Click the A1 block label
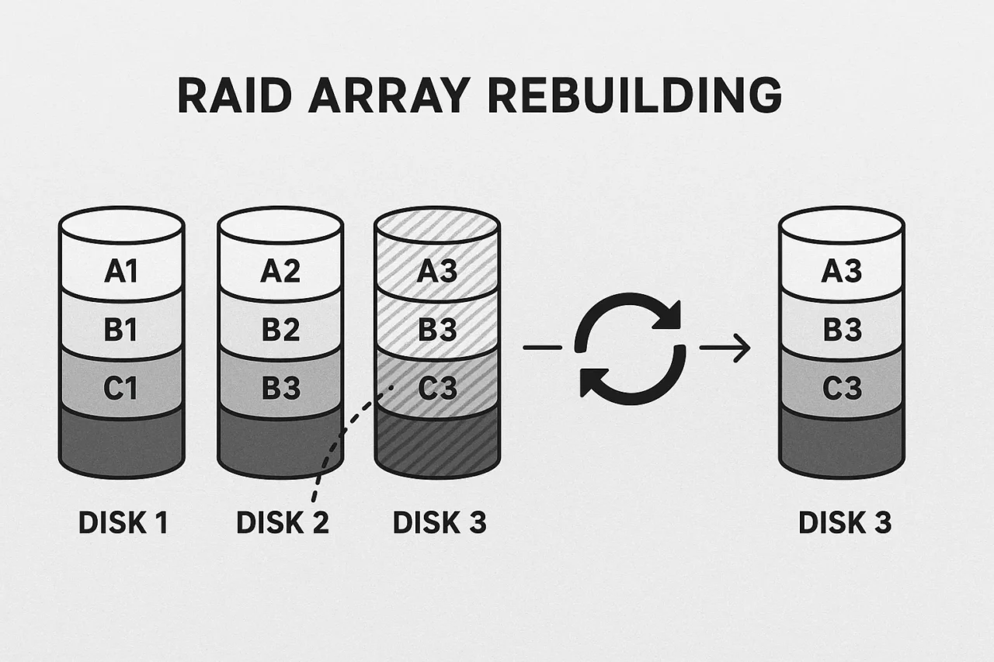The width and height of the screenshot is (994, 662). click(121, 271)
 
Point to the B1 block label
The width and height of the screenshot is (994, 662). click(121, 329)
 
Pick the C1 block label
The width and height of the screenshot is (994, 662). click(121, 387)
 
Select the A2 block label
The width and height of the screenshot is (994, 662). click(280, 271)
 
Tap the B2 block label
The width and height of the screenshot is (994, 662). click(280, 329)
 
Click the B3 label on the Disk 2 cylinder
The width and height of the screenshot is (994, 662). click(280, 387)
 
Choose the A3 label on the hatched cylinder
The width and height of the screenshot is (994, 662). click(437, 271)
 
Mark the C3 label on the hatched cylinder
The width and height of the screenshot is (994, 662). click(437, 387)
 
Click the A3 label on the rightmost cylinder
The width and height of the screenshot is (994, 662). click(842, 271)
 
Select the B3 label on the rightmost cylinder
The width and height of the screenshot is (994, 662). click(842, 329)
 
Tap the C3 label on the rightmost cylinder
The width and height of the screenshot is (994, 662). click(842, 387)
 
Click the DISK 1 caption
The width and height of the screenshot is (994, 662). click(123, 523)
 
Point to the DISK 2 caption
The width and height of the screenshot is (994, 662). click(282, 523)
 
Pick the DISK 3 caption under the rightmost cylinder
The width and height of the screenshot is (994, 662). click(844, 523)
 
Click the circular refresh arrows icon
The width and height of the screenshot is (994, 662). click(629, 348)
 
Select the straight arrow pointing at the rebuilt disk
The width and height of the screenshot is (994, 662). click(726, 348)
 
